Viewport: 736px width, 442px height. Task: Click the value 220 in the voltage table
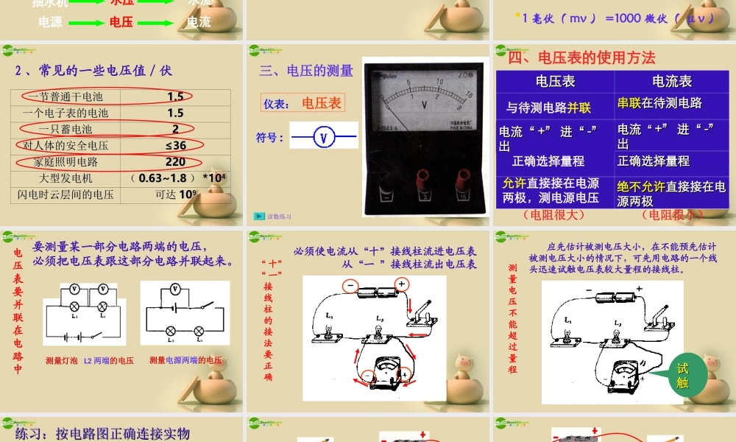[175, 162]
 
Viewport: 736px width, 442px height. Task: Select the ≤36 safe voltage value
[175, 146]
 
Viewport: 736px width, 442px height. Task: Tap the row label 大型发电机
[66, 178]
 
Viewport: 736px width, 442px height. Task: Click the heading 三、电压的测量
[306, 71]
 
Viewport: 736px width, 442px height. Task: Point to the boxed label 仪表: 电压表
[303, 103]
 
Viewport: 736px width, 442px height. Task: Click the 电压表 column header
[555, 82]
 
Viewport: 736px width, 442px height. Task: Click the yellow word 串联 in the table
[630, 103]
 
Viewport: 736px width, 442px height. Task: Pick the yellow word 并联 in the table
[579, 108]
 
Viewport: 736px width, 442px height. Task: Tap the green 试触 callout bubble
[682, 376]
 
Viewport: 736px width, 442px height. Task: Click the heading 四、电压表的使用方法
[581, 57]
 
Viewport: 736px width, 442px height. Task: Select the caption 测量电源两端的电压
[185, 360]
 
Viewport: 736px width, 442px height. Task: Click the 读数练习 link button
[273, 217]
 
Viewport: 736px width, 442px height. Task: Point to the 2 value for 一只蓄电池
[175, 130]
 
